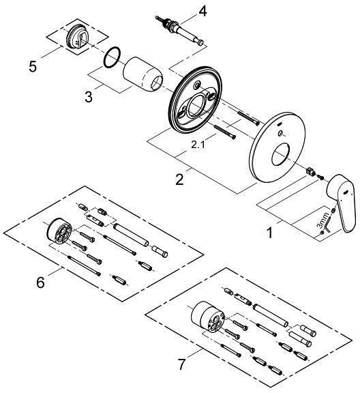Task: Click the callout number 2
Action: click(179, 180)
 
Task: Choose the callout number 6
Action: click(41, 280)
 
